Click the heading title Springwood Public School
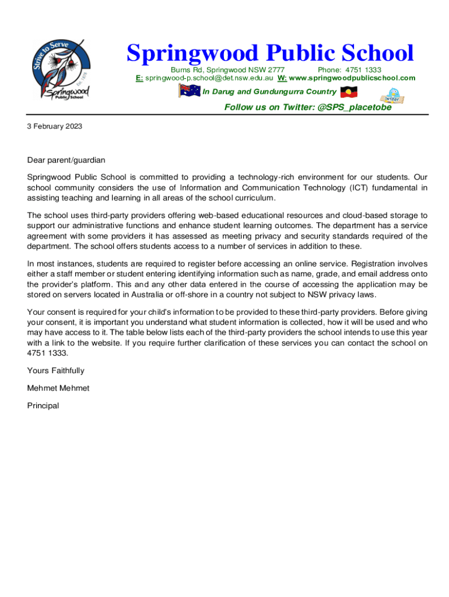pos(270,54)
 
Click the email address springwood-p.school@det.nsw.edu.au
pos(209,78)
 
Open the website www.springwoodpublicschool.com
pos(352,78)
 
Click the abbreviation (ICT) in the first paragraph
pos(361,187)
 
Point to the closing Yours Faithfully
pos(55,370)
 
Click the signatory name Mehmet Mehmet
pos(58,388)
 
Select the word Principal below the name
pos(43,405)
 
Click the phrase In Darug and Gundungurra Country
pos(269,92)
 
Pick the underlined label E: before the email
pos(139,78)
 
